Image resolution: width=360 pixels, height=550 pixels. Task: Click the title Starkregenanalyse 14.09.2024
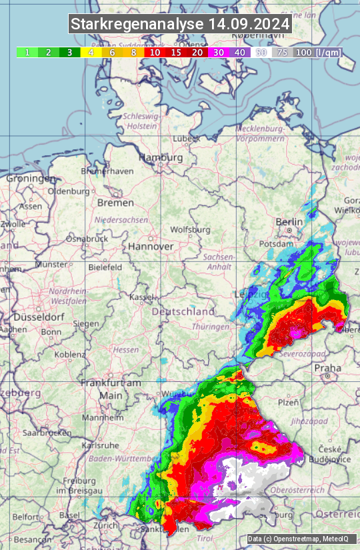coord(180,25)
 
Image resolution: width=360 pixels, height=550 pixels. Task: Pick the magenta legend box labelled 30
coord(218,52)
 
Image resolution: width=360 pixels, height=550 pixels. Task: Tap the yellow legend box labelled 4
coord(89,52)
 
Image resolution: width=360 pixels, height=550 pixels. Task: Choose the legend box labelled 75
coord(282,52)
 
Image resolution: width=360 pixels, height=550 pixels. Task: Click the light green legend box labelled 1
coord(27,52)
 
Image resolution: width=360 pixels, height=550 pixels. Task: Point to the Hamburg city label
coord(161,158)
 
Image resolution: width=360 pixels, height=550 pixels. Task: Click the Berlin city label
coord(289,222)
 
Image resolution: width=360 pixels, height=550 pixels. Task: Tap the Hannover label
coord(151,247)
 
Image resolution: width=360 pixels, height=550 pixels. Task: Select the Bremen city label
coord(115,203)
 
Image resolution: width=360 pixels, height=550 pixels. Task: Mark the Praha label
coord(327,368)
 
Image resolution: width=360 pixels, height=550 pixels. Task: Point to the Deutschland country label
coord(183,311)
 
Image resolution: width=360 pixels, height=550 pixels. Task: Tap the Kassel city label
coord(141,297)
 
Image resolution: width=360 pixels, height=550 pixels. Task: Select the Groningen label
coord(31,179)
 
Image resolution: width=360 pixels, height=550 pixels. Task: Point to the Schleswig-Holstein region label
coord(141,121)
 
